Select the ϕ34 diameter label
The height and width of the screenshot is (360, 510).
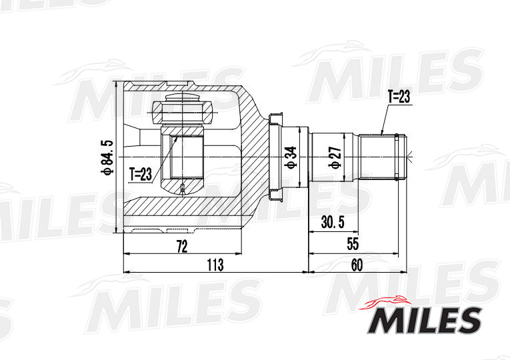[x=290, y=157]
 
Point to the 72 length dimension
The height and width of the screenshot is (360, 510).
[x=181, y=246]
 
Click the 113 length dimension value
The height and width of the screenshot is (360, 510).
[x=214, y=265]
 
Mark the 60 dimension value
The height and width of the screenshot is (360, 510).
[x=357, y=265]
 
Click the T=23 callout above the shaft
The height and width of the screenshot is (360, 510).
[x=398, y=97]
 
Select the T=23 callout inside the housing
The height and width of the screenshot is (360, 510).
[x=141, y=175]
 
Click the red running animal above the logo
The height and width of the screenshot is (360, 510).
[x=387, y=301]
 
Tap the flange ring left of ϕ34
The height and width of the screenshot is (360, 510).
[x=273, y=157]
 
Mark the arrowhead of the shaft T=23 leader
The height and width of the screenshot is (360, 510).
[x=381, y=133]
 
